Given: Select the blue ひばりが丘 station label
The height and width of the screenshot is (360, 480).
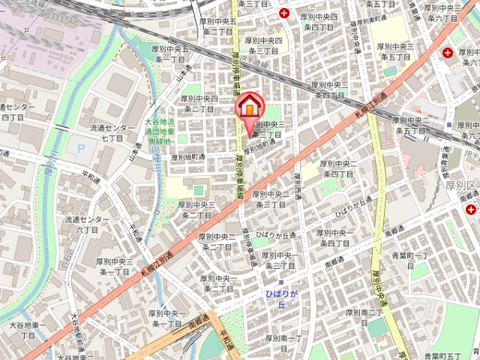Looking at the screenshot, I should tap(281, 299).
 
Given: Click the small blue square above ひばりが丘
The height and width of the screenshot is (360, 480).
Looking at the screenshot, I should tap(281, 282).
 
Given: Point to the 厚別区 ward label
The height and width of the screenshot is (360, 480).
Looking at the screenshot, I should tap(462, 186).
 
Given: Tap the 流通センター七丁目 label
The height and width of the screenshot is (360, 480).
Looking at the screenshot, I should tap(112, 133).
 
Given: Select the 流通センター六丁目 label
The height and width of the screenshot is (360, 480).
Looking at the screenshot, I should tap(87, 224).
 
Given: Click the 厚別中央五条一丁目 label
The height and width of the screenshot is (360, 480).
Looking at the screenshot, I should tap(171, 54).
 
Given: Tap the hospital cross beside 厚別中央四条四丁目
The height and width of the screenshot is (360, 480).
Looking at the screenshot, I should tap(286, 13).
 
